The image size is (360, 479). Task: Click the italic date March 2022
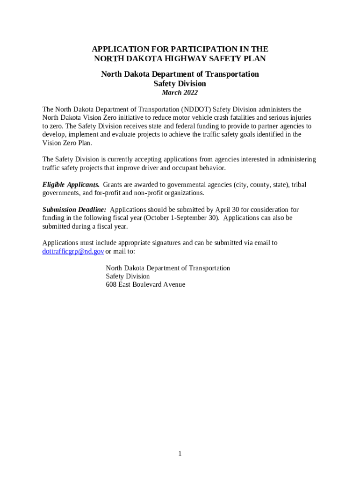coord(180,93)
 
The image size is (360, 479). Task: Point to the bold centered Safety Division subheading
coord(180,84)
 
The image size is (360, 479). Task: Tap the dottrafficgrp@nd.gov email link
coord(73,251)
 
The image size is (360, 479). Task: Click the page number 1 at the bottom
coord(180,454)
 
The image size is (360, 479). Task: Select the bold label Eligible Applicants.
coord(71,185)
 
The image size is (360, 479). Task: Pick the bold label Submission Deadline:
coord(74,210)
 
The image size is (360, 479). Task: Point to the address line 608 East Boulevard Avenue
coord(145,284)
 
